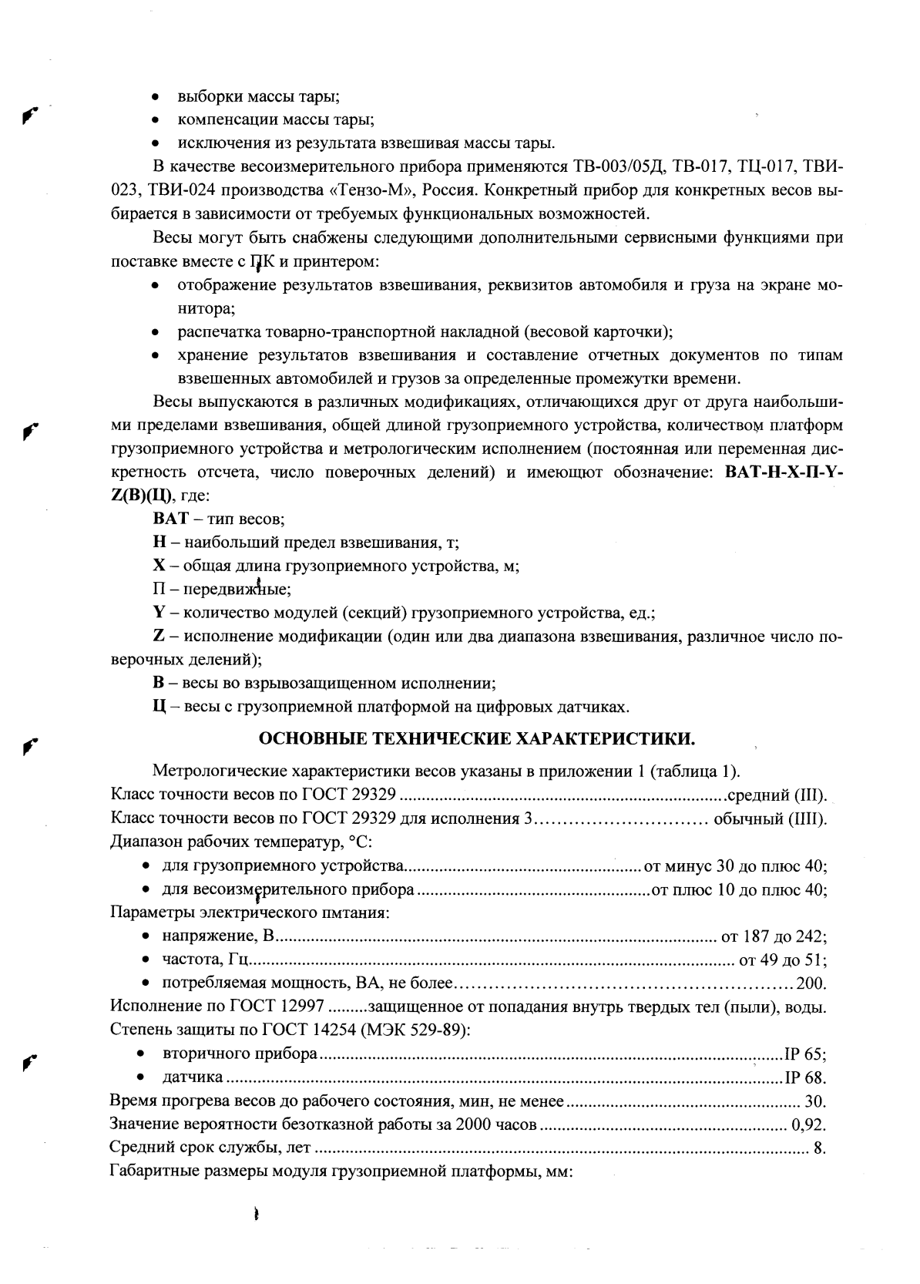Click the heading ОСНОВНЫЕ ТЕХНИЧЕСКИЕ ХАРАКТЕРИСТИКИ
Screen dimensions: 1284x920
click(x=477, y=739)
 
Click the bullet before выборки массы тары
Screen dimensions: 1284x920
click(x=156, y=98)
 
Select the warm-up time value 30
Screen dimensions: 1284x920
click(x=814, y=1101)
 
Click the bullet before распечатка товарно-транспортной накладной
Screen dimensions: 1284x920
click(x=156, y=333)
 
